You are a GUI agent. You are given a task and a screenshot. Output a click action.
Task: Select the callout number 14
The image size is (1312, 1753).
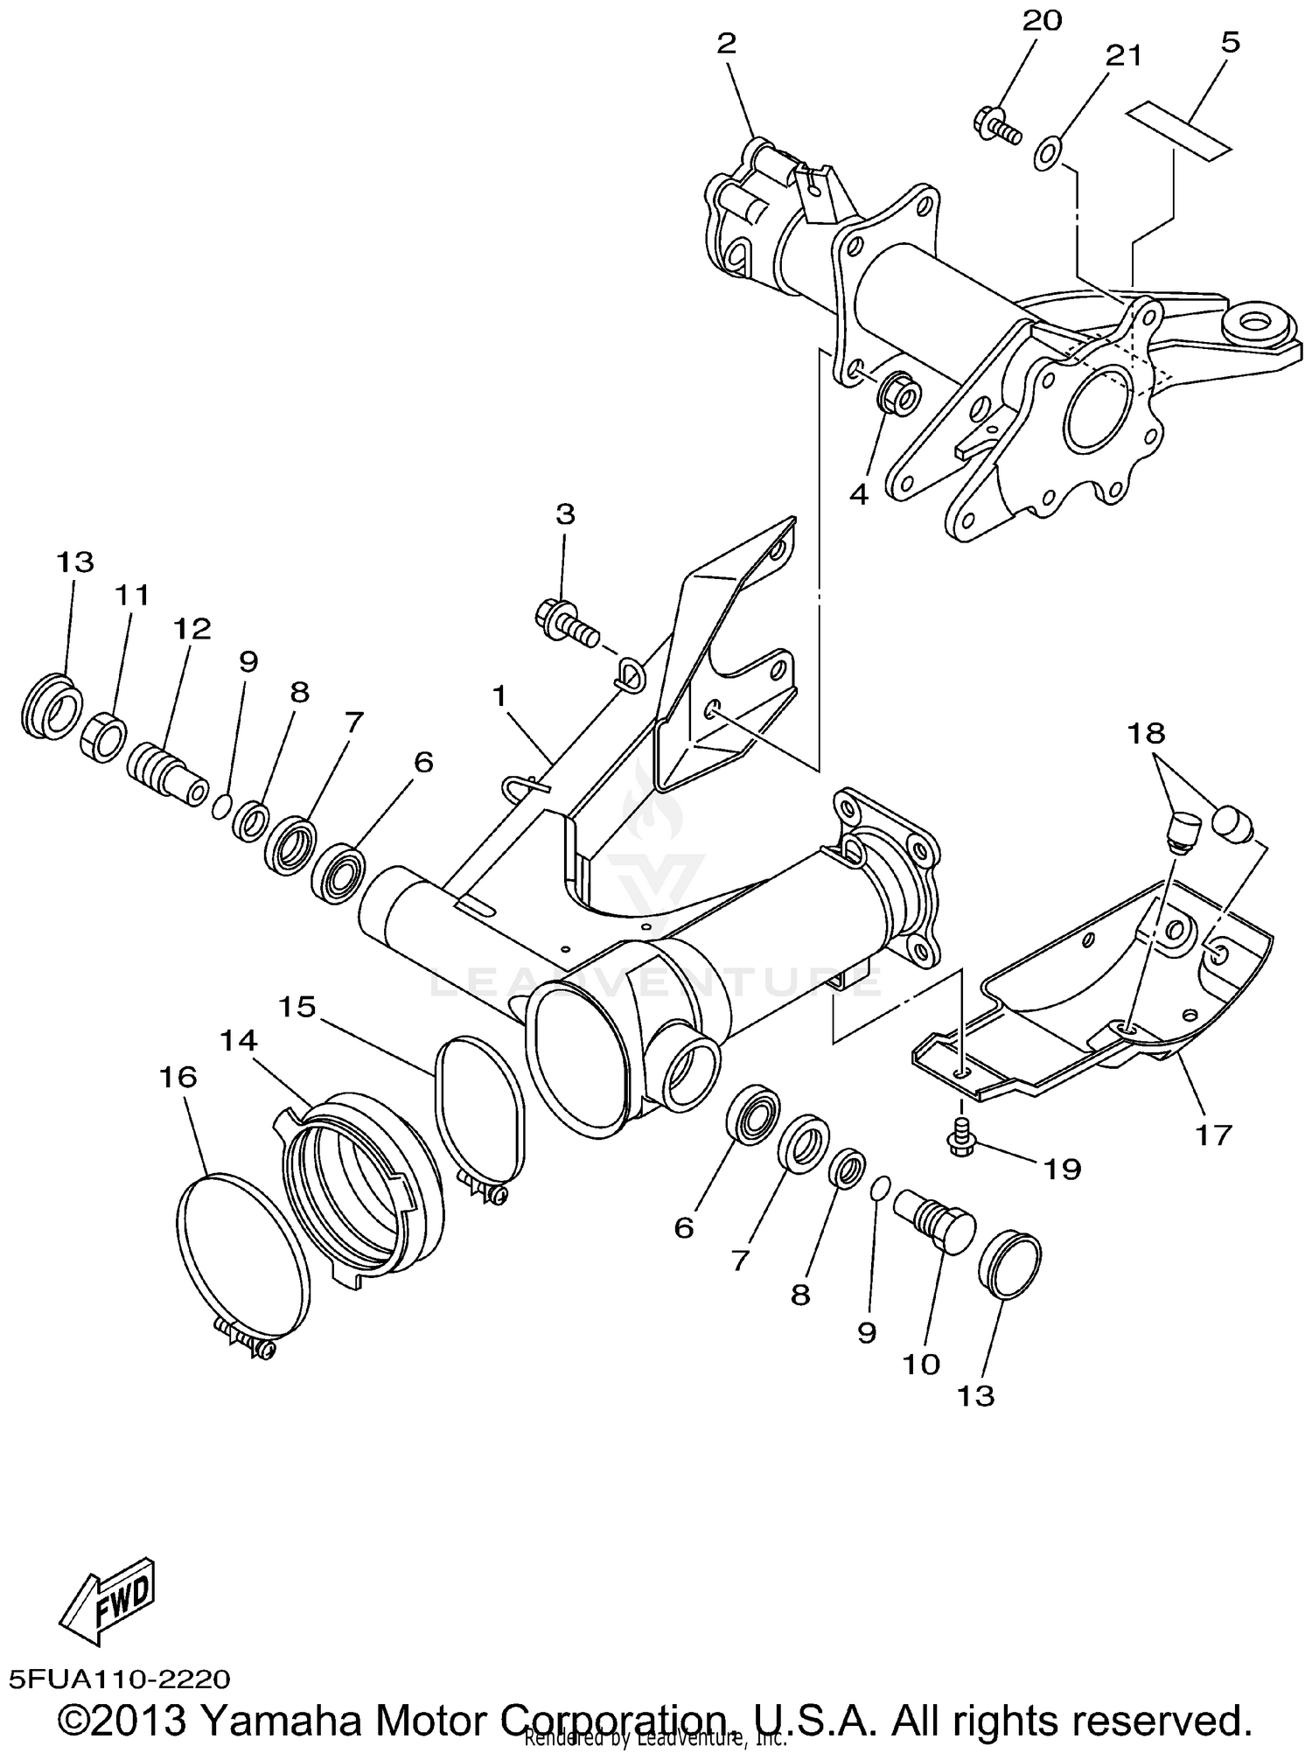(239, 1040)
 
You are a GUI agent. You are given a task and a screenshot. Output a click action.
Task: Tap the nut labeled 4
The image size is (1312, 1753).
(895, 399)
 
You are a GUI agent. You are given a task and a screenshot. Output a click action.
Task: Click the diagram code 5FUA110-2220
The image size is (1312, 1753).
(120, 1679)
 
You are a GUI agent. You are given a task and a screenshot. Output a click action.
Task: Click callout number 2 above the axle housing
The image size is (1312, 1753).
(727, 44)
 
